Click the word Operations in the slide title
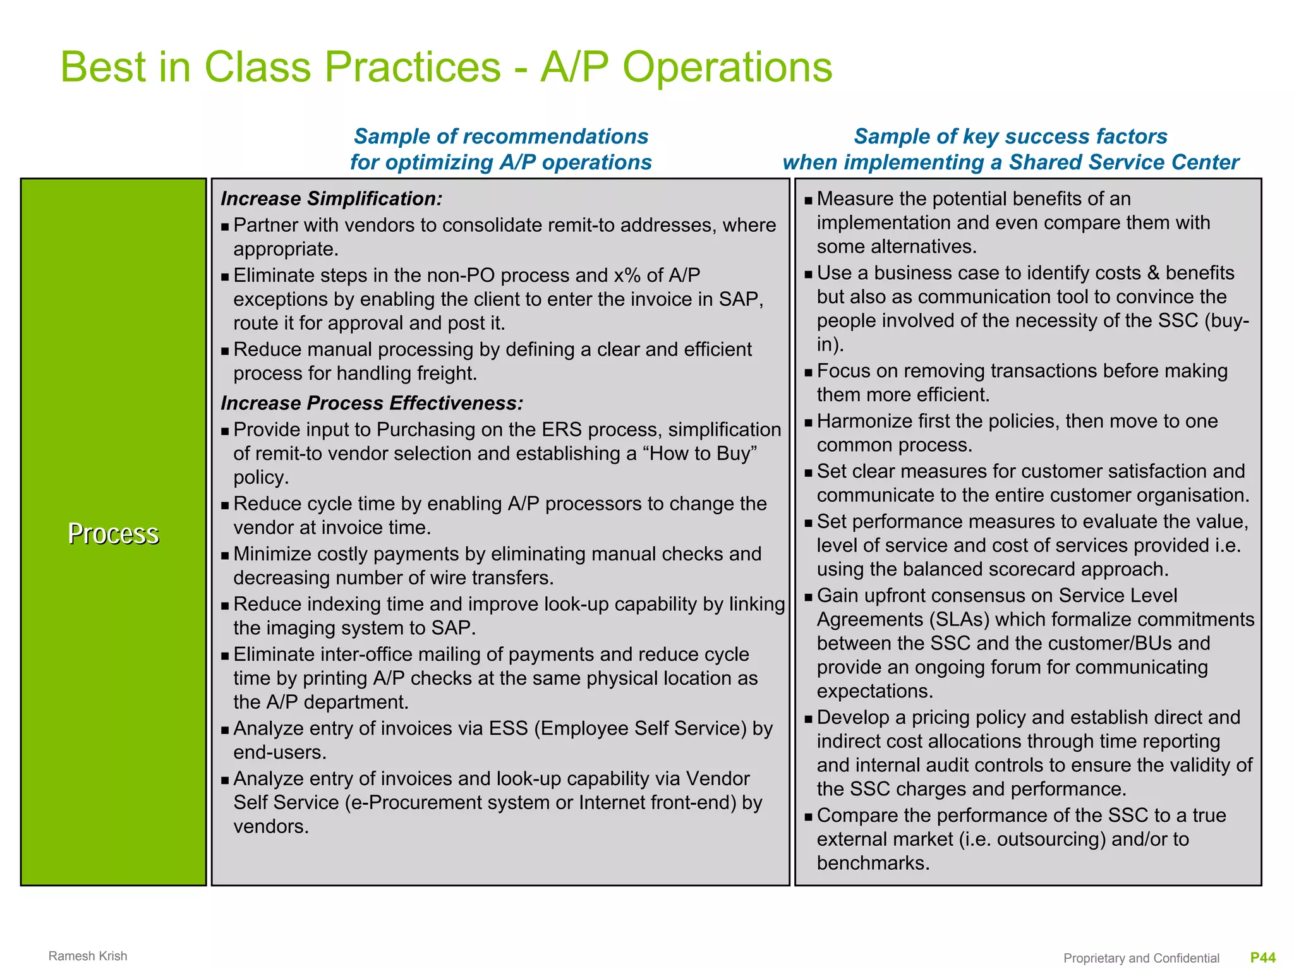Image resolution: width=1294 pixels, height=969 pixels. [727, 68]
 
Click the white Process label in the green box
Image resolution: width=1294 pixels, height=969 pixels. [113, 533]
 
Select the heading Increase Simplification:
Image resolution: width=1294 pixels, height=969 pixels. [331, 198]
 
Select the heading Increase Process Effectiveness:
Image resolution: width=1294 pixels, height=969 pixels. [372, 403]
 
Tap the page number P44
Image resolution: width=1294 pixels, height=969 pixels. [1263, 958]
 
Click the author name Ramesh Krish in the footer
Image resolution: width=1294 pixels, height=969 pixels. [88, 956]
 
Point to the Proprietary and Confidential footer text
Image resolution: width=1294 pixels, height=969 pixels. [1141, 958]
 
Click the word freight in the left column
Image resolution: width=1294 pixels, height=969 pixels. [445, 373]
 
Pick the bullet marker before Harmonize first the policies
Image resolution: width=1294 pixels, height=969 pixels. [808, 423]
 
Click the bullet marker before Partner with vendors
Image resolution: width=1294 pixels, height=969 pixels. [225, 227]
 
